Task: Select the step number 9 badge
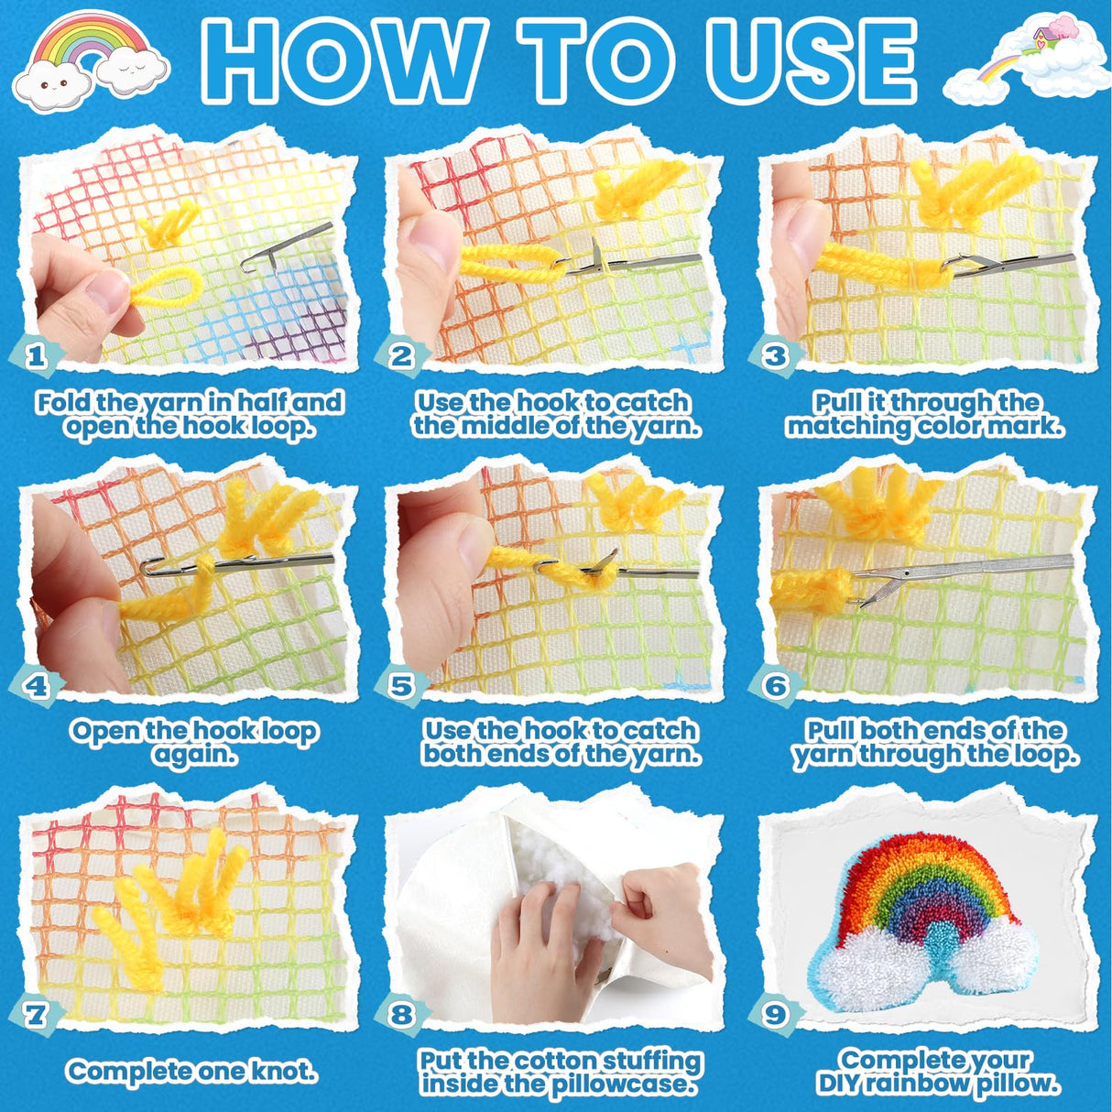tap(776, 1014)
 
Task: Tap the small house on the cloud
tap(1042, 38)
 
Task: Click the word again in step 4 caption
tap(194, 755)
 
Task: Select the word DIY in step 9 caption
tap(844, 1084)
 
